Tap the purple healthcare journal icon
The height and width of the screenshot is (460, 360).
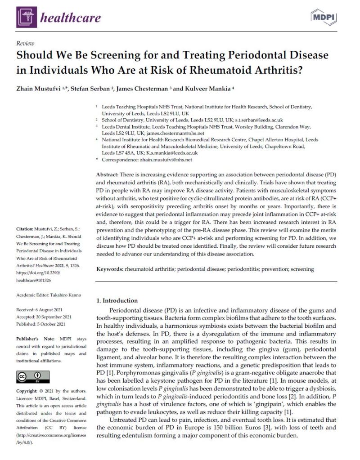coord(26,18)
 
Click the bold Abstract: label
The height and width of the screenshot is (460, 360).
coord(110,174)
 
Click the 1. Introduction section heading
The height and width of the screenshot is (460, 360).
coord(117,300)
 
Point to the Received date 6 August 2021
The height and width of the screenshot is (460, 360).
coord(50,309)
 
